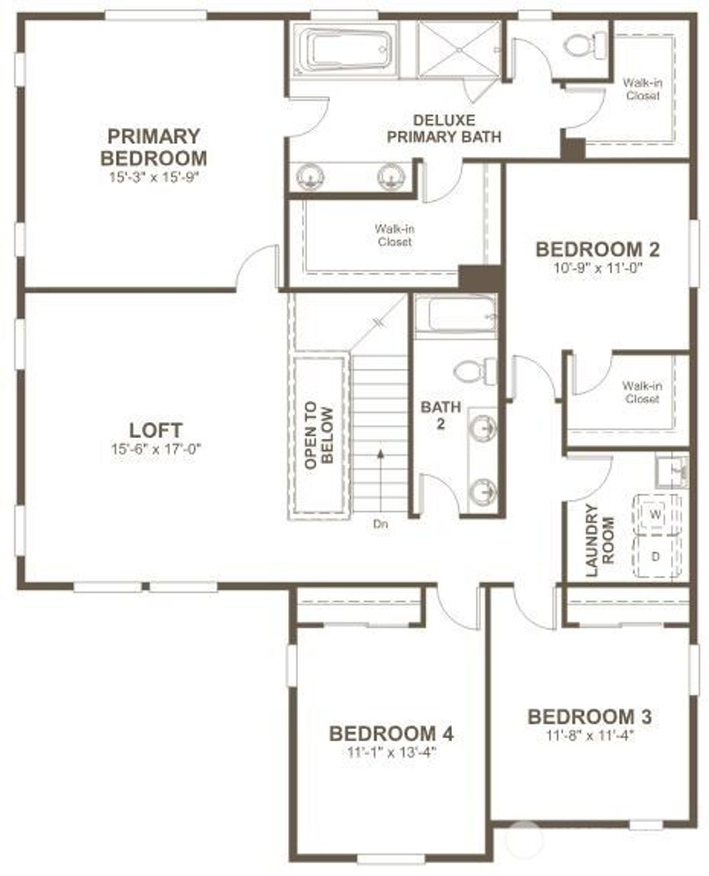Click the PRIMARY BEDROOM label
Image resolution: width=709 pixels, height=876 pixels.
click(x=153, y=145)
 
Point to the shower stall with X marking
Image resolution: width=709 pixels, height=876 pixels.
click(x=458, y=50)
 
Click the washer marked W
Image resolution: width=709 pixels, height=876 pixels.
click(x=654, y=515)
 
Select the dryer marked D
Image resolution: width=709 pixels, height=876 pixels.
click(x=654, y=556)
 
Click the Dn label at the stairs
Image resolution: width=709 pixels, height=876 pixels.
click(x=380, y=524)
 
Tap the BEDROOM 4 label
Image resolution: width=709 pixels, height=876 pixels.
click(x=391, y=732)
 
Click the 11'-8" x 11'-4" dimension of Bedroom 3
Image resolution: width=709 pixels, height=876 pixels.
click(x=589, y=736)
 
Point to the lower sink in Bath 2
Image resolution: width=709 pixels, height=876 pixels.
click(x=483, y=492)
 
